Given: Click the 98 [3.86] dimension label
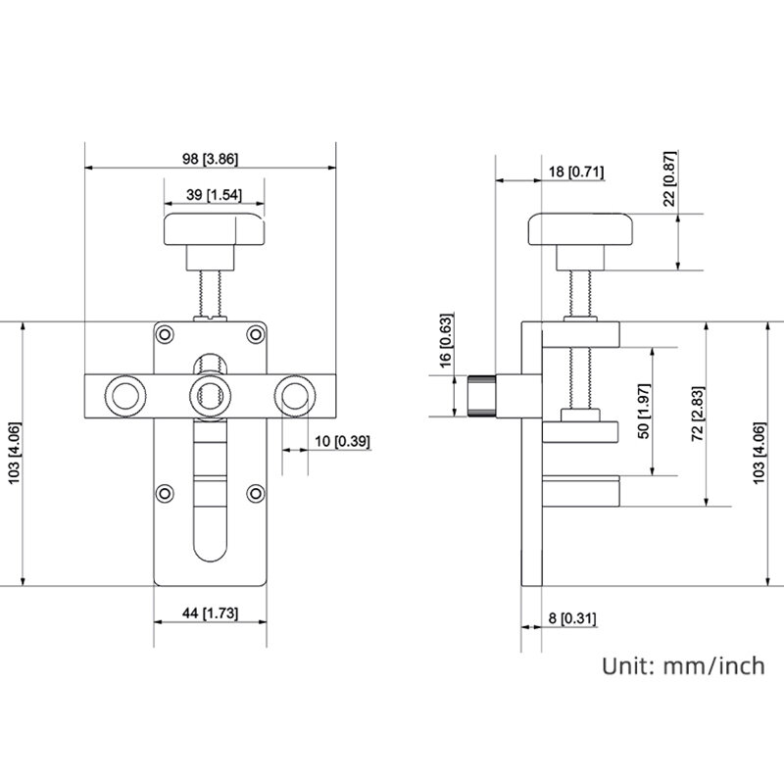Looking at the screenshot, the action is pyautogui.click(x=210, y=159).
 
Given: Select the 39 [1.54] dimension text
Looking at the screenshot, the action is pyautogui.click(x=214, y=194).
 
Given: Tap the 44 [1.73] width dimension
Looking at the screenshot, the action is pyautogui.click(x=210, y=613).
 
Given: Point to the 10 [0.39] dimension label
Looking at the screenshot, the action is pyautogui.click(x=342, y=442).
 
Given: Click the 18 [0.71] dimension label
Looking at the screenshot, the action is pyautogui.click(x=576, y=171).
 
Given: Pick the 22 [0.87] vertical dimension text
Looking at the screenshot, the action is pyautogui.click(x=669, y=178).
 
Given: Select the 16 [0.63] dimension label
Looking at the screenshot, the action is pyautogui.click(x=445, y=340).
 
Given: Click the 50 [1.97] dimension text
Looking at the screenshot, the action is pyautogui.click(x=644, y=411).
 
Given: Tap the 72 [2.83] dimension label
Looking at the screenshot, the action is pyautogui.click(x=698, y=414).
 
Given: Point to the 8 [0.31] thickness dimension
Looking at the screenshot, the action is pyautogui.click(x=572, y=618).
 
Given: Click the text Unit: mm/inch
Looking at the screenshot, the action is pyautogui.click(x=683, y=666).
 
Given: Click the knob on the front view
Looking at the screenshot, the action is pyautogui.click(x=214, y=229).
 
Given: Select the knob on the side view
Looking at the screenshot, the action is pyautogui.click(x=580, y=229).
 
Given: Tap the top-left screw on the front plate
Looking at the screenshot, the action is pyautogui.click(x=165, y=334).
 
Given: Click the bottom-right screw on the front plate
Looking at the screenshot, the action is pyautogui.click(x=256, y=494).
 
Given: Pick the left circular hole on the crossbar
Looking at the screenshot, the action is pyautogui.click(x=125, y=396).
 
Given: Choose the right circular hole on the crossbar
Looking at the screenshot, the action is pyautogui.click(x=296, y=396).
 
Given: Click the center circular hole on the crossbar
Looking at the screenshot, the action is pyautogui.click(x=211, y=396).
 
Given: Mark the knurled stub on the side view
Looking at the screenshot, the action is pyautogui.click(x=481, y=396).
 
